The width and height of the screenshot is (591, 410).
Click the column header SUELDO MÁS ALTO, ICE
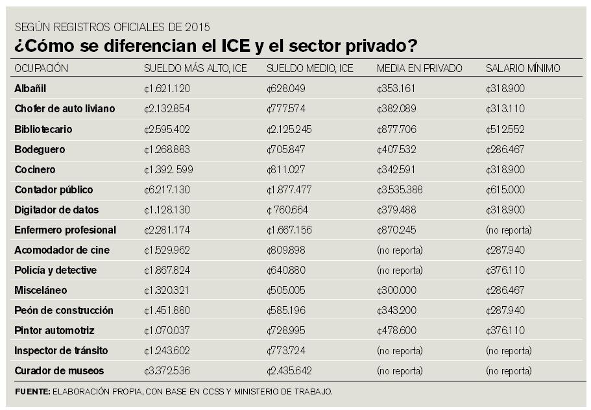[195, 68]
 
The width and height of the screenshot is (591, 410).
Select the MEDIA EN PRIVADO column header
[419, 68]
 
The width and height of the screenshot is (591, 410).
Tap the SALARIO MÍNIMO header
[523, 68]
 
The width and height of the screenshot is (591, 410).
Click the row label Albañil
[30, 88]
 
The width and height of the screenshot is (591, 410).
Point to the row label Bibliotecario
[43, 129]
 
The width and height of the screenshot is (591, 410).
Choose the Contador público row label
[54, 190]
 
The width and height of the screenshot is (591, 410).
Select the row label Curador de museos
[59, 371]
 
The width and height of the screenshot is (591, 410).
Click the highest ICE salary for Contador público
[167, 190]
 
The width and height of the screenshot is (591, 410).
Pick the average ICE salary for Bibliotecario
[289, 129]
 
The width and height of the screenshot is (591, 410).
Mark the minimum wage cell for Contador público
[506, 190]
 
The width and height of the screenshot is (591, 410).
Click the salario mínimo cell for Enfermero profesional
[509, 230]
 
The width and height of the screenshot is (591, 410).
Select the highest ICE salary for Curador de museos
[167, 371]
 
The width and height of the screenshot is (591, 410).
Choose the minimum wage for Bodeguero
[506, 149]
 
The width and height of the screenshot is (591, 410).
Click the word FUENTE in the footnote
[32, 391]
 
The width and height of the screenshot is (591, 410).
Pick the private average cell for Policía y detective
[400, 271]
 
